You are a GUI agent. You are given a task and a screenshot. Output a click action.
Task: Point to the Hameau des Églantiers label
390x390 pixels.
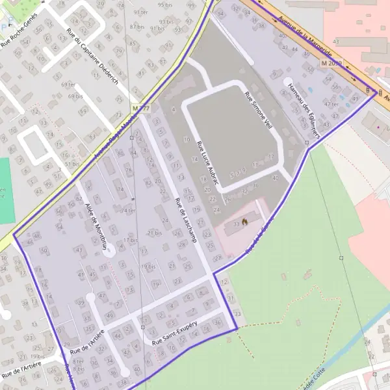pyautogui.click(x=304, y=109)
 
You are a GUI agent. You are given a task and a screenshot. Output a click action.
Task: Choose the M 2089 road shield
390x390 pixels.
pyautogui.click(x=331, y=63)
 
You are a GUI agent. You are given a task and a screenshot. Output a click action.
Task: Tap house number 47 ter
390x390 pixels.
pyautogui.click(x=331, y=104)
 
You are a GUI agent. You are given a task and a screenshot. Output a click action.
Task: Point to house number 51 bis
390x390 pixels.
pyautogui.click(x=71, y=164)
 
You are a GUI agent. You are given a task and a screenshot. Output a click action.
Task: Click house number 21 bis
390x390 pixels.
pyautogui.click(x=155, y=233)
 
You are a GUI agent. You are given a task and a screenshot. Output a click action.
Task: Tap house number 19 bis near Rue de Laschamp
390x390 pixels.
pyautogui.click(x=148, y=266)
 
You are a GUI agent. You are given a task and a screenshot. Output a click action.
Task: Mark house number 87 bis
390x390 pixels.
pyautogui.click(x=137, y=27)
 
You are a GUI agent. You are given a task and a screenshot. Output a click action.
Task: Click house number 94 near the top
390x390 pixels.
pyautogui.click(x=220, y=12)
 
